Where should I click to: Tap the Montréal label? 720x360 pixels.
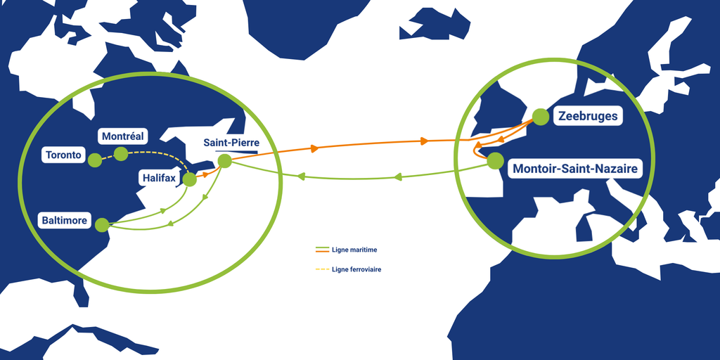point(123,136)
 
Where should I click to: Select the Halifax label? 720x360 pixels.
point(159,179)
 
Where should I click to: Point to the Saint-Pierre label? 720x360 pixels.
point(232,143)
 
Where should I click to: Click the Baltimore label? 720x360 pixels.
point(65,221)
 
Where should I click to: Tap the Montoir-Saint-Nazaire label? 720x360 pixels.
point(575,169)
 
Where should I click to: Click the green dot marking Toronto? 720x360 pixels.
point(95,160)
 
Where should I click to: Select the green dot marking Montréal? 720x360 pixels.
point(121,154)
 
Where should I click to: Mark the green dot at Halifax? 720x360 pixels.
point(190,179)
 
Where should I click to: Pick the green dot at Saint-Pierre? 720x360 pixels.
point(224,161)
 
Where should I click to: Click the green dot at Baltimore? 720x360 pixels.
point(102,224)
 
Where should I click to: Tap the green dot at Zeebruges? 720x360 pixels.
point(541,117)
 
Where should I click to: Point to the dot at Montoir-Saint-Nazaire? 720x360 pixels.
point(494,161)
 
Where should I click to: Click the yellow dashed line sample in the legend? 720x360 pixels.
point(322,269)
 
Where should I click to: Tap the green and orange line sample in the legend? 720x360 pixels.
point(322,250)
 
